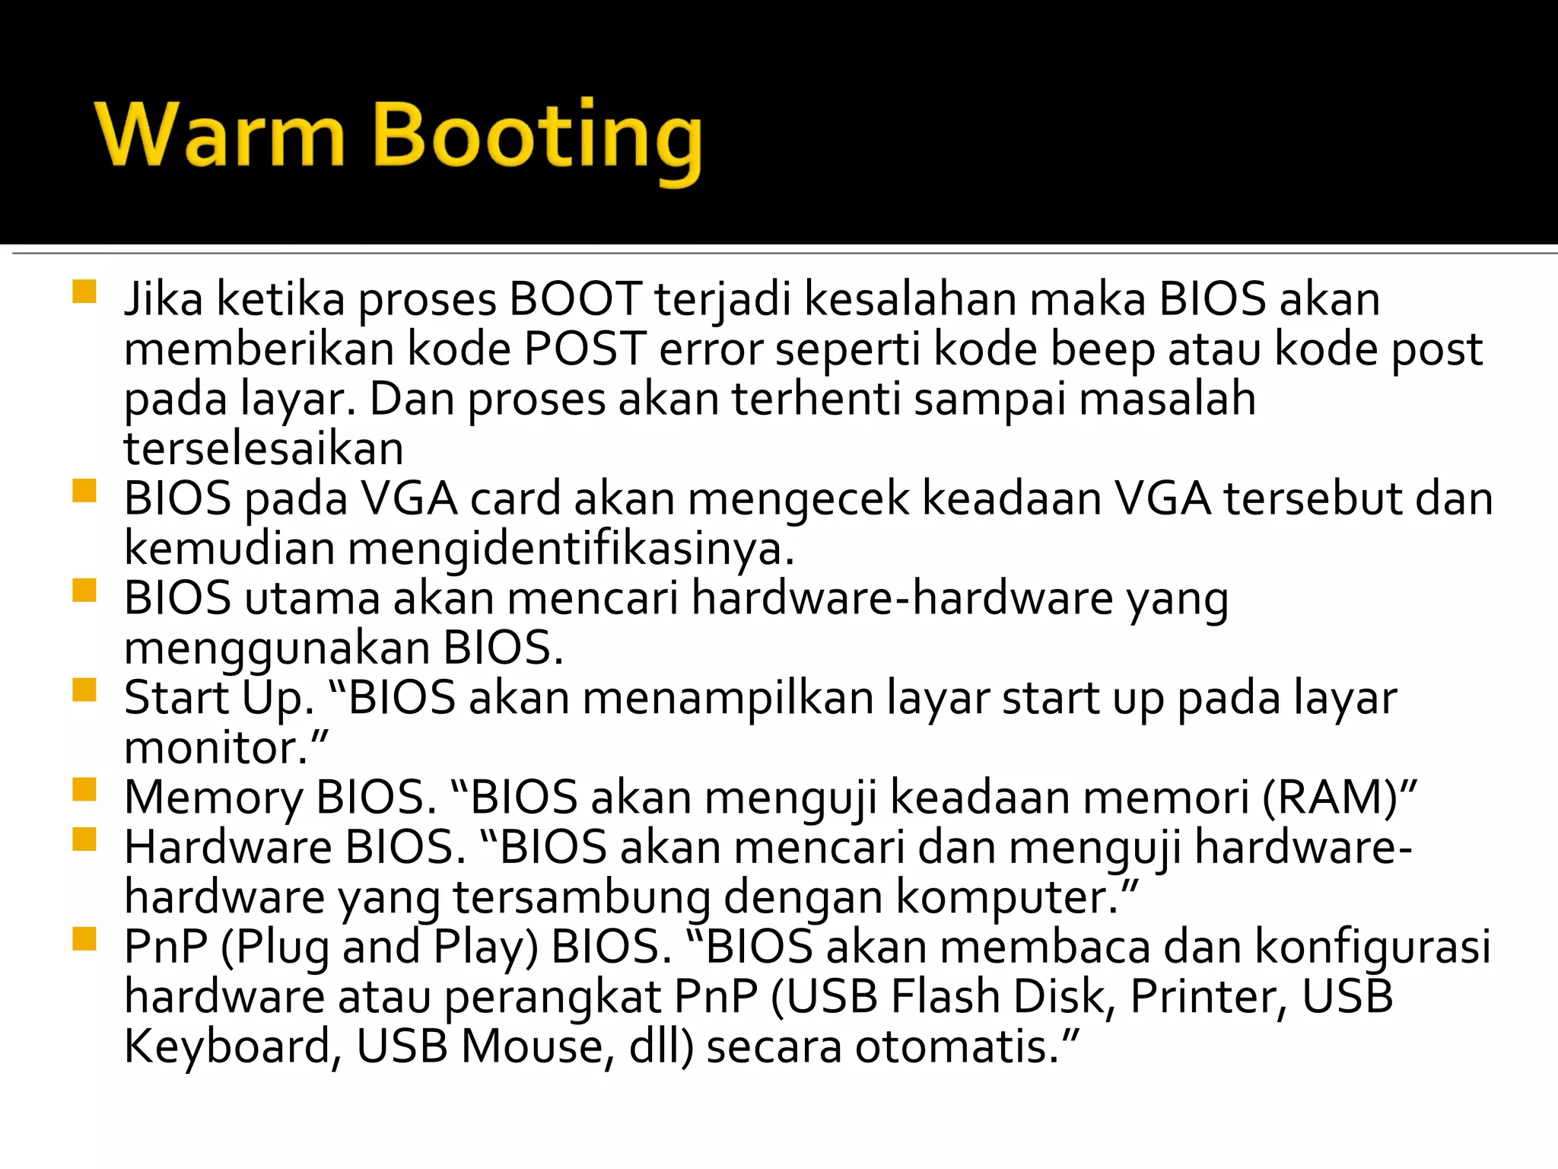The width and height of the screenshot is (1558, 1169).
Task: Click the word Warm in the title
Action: coord(220,135)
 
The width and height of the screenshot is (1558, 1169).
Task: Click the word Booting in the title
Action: coord(537,139)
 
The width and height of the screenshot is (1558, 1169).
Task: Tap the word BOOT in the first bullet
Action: coord(576,298)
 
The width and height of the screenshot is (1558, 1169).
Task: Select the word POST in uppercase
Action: coord(585,349)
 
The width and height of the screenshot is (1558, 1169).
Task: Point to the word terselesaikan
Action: coord(264,448)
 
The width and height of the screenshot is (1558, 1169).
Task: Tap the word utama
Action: coord(312,598)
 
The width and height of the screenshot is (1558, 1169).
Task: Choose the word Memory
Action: coord(213,798)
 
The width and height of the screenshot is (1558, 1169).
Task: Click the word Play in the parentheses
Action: coord(485,948)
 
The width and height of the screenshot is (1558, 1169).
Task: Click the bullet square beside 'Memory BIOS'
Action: coord(84,790)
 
